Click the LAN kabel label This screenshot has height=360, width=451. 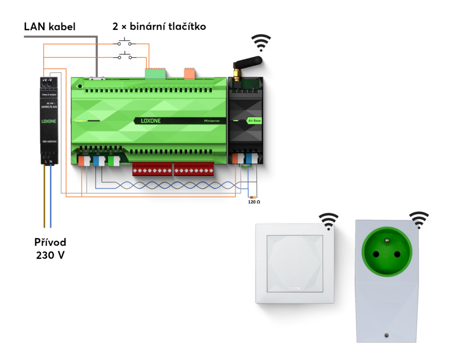tap(50, 27)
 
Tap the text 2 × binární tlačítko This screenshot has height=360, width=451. tap(159, 27)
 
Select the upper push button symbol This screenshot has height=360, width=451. tap(124, 43)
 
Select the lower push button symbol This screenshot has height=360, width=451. tap(124, 56)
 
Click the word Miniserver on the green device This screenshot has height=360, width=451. tap(212, 120)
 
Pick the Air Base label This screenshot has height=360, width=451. tap(254, 120)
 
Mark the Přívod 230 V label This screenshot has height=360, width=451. tap(51, 249)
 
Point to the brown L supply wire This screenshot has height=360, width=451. tap(44, 198)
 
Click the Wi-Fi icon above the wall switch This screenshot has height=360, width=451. tap(329, 221)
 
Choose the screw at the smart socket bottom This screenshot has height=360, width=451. tap(386, 335)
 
